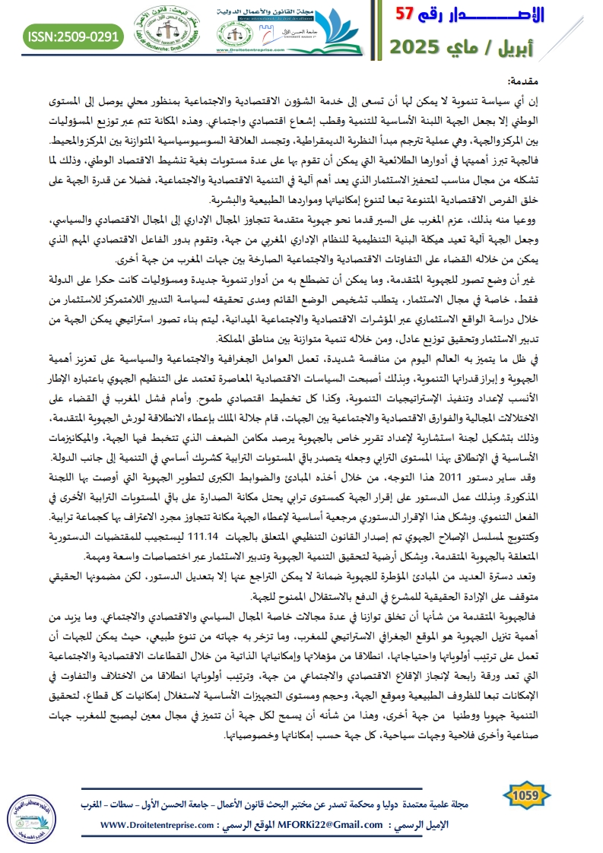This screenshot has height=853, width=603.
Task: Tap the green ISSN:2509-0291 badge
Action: [x=73, y=36]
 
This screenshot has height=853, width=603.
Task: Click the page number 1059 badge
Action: [x=526, y=795]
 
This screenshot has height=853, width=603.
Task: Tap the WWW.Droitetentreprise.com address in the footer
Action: [x=165, y=825]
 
